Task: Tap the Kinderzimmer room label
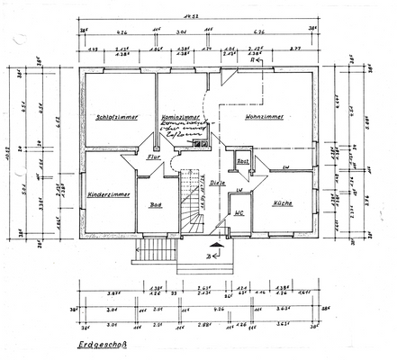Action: pyautogui.click(x=110, y=194)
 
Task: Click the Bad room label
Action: pyautogui.click(x=155, y=204)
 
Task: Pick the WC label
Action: pyautogui.click(x=239, y=214)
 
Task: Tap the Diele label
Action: pyautogui.click(x=218, y=183)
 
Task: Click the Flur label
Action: pyautogui.click(x=154, y=157)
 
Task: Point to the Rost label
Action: pyautogui.click(x=242, y=162)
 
